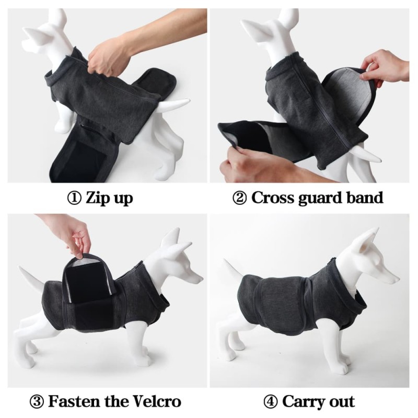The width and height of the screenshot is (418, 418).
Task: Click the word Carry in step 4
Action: [304, 401]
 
